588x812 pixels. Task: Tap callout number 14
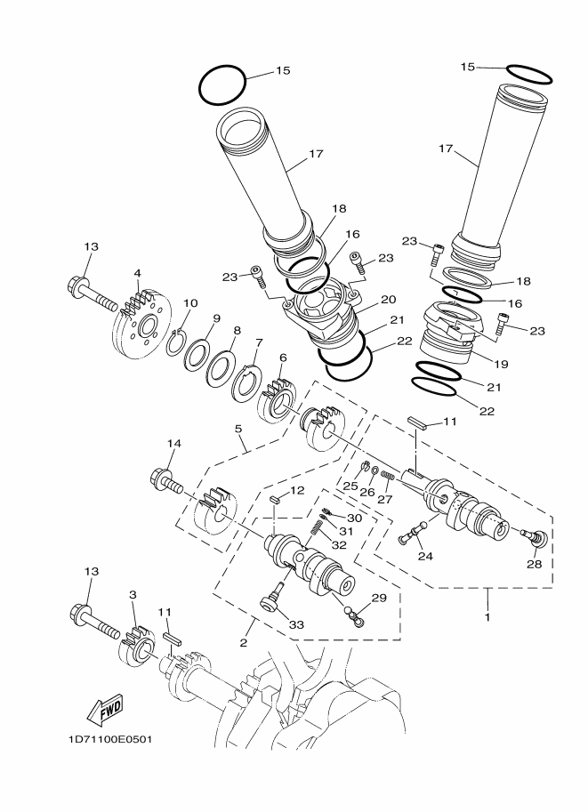point(173,443)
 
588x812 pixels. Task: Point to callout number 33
point(296,625)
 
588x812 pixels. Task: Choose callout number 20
point(388,300)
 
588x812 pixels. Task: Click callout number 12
point(297,490)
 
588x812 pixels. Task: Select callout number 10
point(189,302)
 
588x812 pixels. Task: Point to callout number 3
point(132,594)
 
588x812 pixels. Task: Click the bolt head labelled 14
point(162,481)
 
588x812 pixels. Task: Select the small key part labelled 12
point(277,501)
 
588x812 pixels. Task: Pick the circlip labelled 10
point(177,342)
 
